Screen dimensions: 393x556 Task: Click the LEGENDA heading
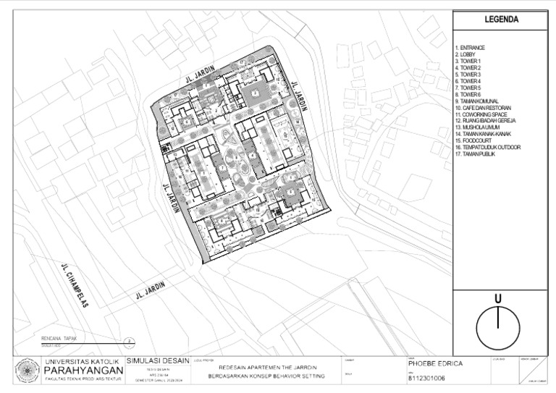tap(500, 20)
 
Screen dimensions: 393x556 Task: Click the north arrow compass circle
tap(498, 327)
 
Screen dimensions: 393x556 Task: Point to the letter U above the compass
tap(498, 298)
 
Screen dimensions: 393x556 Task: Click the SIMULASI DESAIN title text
tap(157, 361)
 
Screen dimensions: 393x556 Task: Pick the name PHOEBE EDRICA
tap(434, 364)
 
